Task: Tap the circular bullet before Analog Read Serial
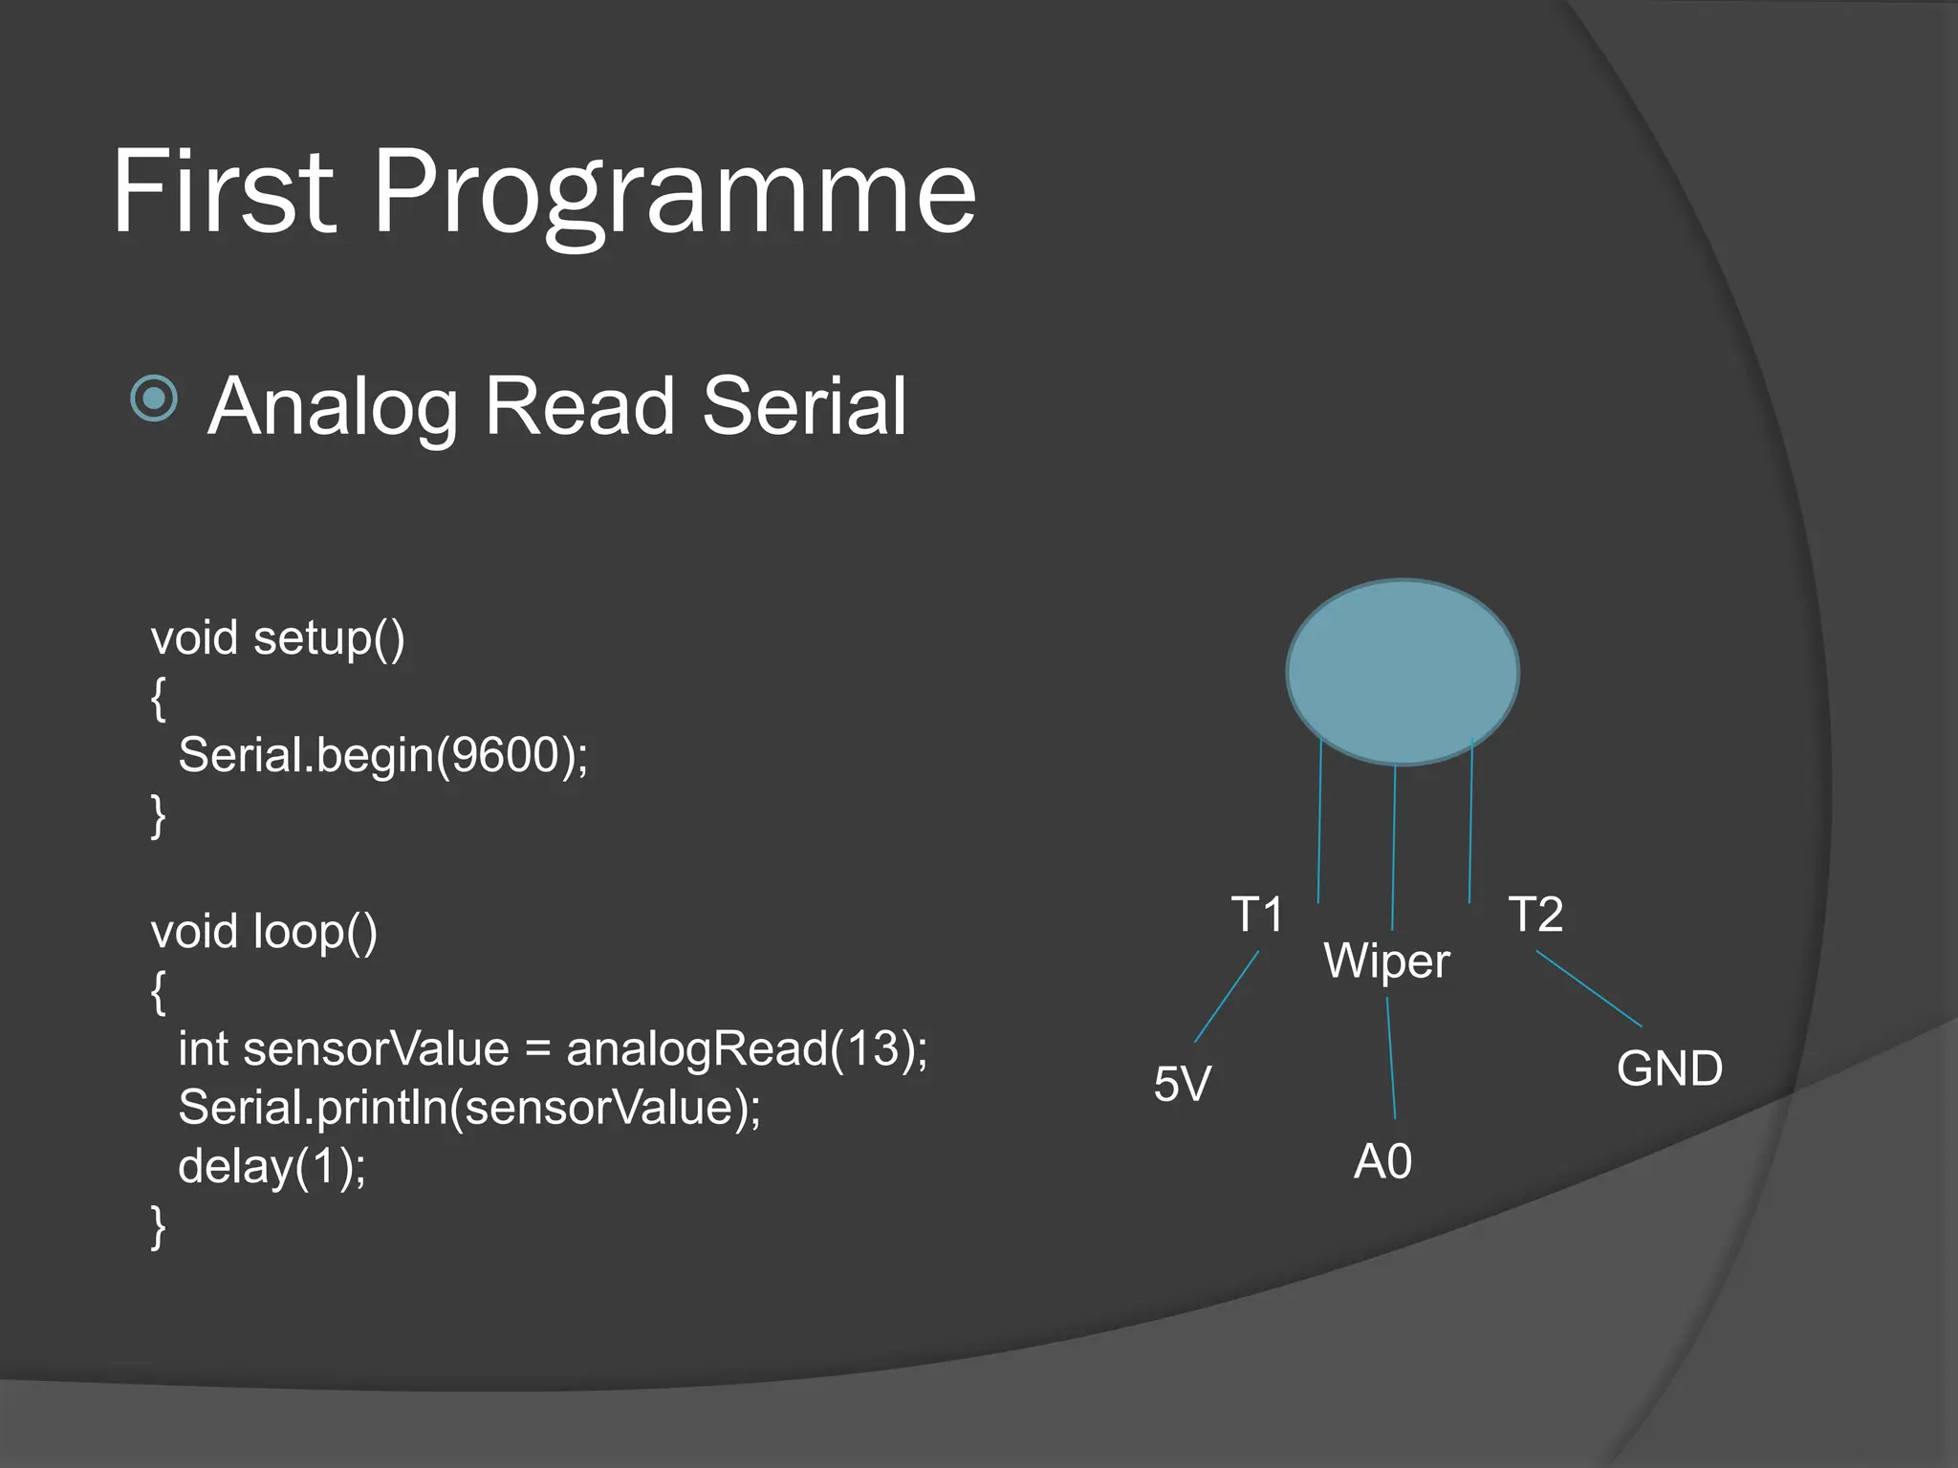[154, 398]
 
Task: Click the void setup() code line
[277, 638]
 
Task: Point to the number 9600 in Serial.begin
[504, 755]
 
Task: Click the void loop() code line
[264, 932]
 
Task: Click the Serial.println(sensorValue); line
[468, 1109]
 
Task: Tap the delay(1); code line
[272, 1167]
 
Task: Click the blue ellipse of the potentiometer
[1402, 671]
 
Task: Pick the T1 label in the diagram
[1256, 915]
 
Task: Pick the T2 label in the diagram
[1535, 915]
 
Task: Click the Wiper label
[1386, 961]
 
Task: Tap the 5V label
[1182, 1084]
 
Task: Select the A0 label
[1382, 1162]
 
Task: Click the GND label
[1669, 1069]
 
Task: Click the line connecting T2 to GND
[1589, 989]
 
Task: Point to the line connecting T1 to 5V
[1227, 996]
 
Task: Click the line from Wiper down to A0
[1391, 1058]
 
